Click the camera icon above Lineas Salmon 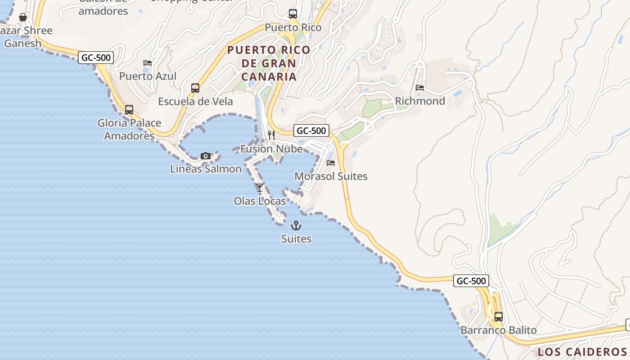point(206,156)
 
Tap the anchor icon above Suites point(296,225)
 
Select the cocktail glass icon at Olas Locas point(260,187)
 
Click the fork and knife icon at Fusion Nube point(271,135)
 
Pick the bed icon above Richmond point(420,88)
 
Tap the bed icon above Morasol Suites point(331,163)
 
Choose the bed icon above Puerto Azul point(147,63)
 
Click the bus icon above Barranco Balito point(498,316)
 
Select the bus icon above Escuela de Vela point(195,88)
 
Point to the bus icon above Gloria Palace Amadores point(129,109)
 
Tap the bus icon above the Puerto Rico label point(293,14)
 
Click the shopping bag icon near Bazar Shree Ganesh point(23,17)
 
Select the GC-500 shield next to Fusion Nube point(311,131)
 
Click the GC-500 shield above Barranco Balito point(471,281)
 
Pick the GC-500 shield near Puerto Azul point(95,58)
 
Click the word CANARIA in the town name point(269,76)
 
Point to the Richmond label point(420,101)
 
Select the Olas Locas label point(260,201)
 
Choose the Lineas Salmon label point(206,169)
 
